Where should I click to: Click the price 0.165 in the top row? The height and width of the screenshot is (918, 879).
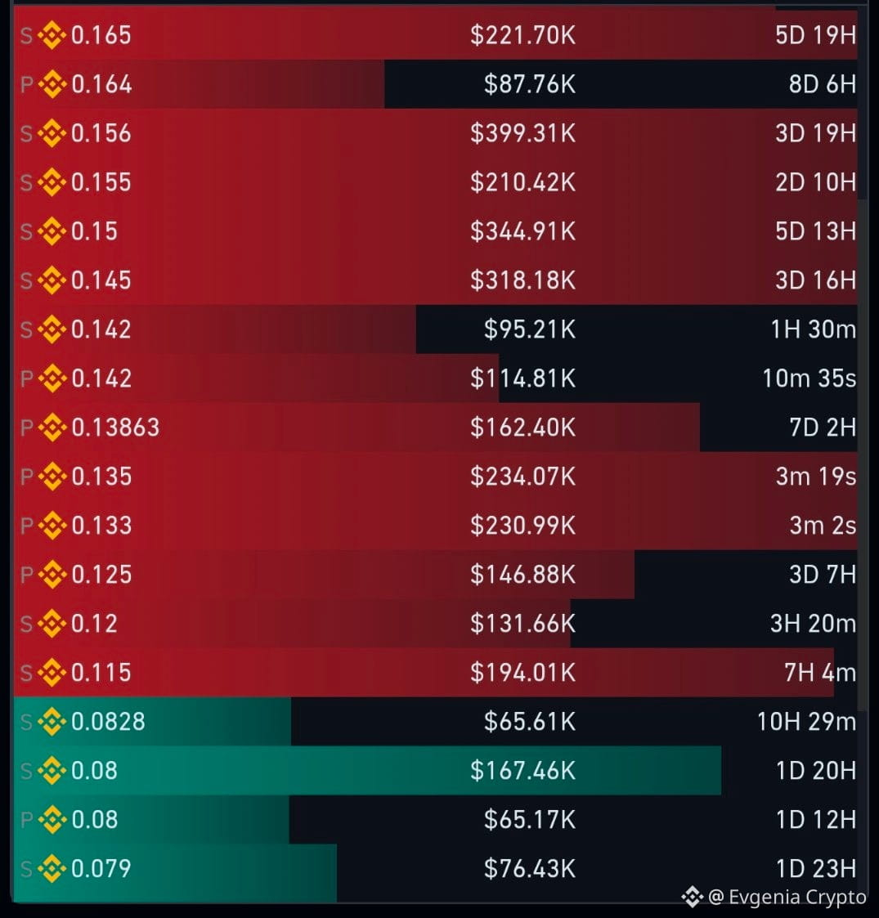pos(101,35)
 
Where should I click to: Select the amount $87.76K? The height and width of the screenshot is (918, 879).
pos(529,84)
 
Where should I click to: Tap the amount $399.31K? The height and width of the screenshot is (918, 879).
pos(523,133)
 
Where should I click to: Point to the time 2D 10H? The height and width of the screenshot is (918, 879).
pos(816,182)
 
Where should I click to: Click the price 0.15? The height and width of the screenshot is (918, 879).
pos(94,231)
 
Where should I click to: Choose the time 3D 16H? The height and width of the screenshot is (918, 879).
pos(816,280)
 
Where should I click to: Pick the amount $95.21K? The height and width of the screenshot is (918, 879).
pos(529,329)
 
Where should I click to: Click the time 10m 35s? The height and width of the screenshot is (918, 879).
pos(809,378)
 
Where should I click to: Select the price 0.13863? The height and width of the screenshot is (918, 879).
pos(114,428)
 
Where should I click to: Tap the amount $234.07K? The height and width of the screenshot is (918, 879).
pos(523,477)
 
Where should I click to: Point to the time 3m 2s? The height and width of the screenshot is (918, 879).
pos(823,526)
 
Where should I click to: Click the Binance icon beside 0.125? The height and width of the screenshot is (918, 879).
pos(52,575)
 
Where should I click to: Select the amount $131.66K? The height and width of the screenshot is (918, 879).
pos(523,624)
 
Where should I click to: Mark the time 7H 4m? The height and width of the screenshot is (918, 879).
pos(820,673)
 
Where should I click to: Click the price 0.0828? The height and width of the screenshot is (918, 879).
pos(108,721)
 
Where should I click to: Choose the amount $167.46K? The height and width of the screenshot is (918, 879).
pos(523,771)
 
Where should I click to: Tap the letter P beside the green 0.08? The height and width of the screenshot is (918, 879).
pos(27,820)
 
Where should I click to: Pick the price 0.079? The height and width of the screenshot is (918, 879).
pos(101,868)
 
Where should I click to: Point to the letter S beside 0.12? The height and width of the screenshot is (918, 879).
pos(26,624)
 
